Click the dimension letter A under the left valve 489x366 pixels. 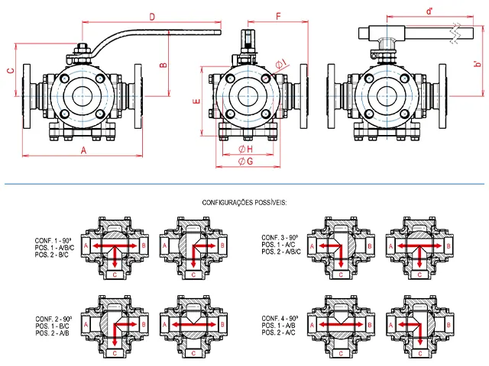83,150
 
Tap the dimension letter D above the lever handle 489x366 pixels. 152,17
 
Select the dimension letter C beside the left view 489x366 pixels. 11,71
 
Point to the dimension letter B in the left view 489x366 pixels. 164,65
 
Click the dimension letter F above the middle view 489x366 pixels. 279,16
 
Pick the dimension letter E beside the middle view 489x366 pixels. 197,101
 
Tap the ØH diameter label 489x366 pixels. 246,149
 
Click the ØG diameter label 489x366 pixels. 246,161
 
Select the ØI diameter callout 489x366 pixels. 281,63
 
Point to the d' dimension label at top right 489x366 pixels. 429,11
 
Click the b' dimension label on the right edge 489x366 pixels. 478,64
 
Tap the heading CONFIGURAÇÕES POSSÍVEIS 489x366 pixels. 244,203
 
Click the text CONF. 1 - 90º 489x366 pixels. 53,241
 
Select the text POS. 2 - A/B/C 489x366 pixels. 281,252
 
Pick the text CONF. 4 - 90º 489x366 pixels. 280,319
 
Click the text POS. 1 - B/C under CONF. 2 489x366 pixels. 53,326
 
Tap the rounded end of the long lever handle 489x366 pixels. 220,32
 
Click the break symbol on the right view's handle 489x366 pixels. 455,33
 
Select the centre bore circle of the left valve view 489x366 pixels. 83,96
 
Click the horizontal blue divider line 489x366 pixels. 244,184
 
